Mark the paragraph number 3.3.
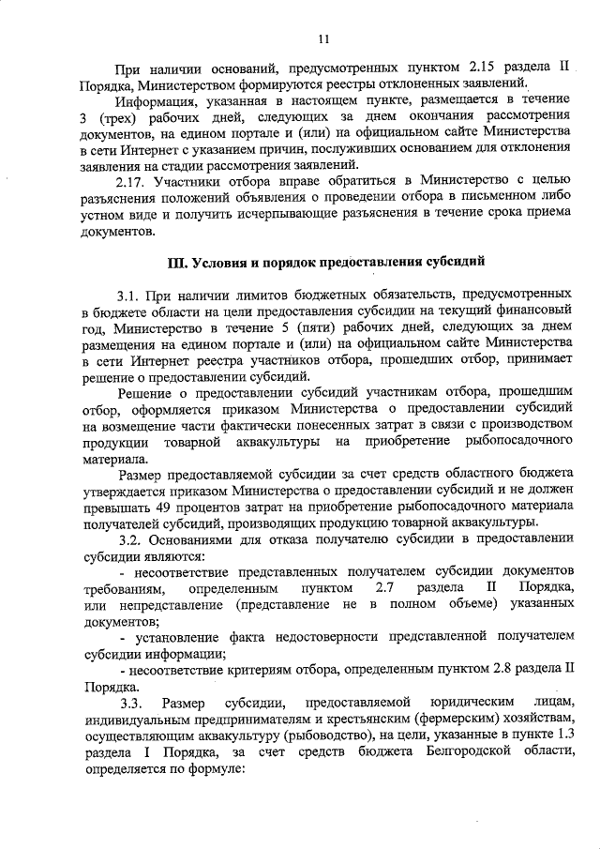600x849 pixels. point(130,704)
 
